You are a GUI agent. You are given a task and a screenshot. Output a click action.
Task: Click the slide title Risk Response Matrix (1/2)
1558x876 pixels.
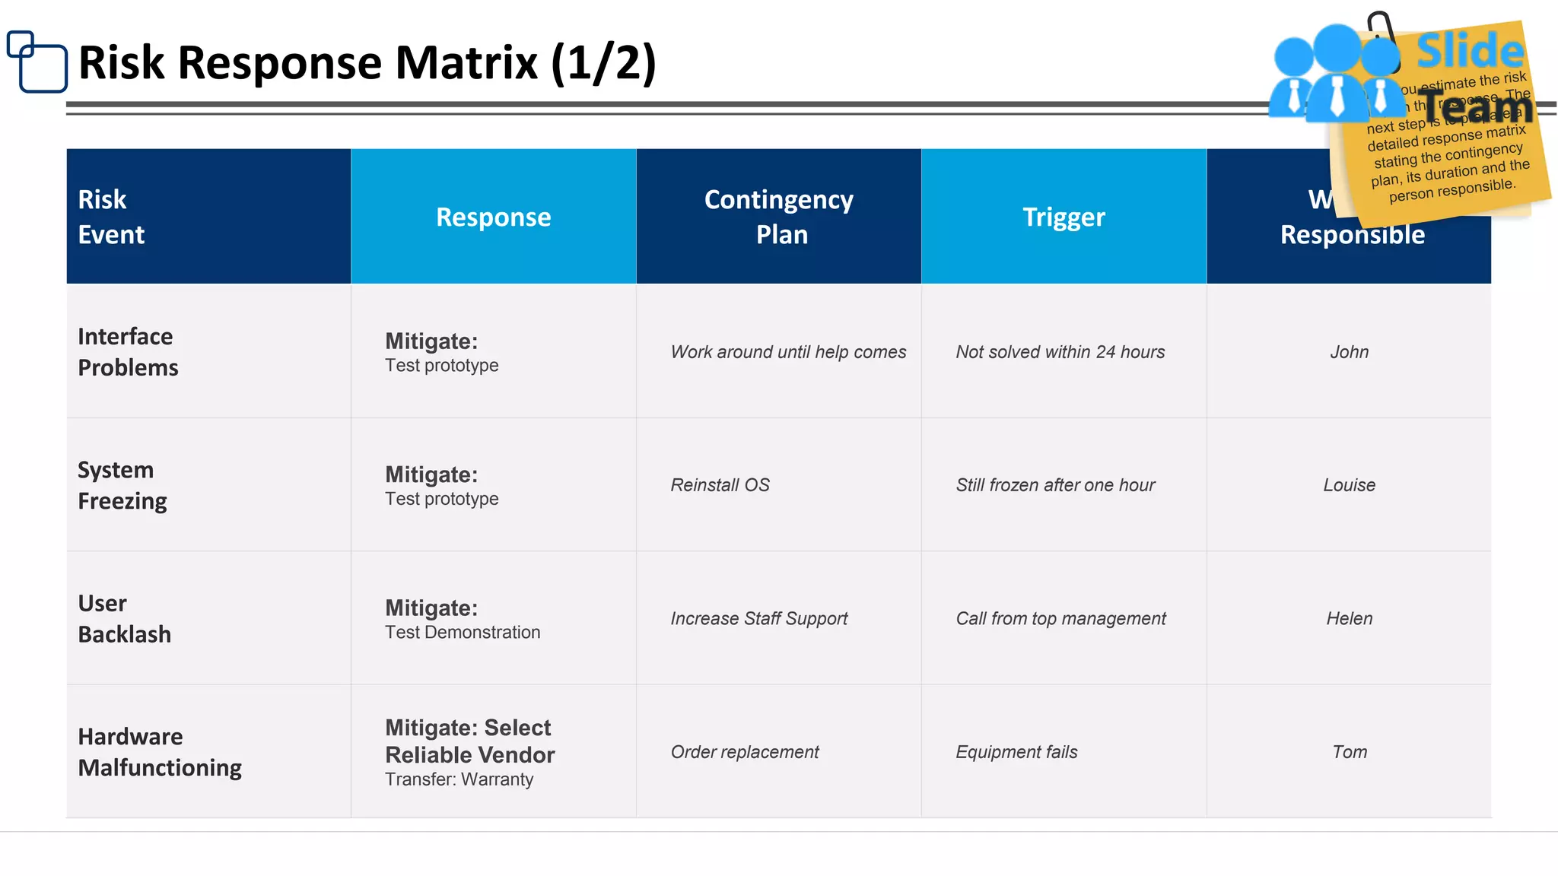coord(367,62)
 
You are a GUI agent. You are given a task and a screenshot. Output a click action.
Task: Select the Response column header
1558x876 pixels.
coord(493,217)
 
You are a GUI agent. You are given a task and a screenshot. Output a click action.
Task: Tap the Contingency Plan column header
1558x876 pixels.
coord(779,217)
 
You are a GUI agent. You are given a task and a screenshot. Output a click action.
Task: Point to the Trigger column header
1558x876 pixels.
coord(1064,217)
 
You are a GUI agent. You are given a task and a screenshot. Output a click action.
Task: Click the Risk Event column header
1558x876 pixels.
coord(111,217)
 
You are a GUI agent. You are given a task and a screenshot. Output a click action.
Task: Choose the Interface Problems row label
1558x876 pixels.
coord(128,352)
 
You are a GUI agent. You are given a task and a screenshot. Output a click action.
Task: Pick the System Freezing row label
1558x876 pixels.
coord(122,485)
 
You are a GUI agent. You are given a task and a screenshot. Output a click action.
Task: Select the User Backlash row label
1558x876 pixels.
coord(124,618)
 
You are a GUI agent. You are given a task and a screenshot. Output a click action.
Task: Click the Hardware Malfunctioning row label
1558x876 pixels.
coord(160,752)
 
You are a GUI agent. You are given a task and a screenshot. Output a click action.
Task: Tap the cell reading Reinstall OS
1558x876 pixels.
coord(720,485)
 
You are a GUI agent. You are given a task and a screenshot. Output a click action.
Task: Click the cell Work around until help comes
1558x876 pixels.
coord(788,352)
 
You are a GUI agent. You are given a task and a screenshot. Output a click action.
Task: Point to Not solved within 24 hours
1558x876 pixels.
coord(1060,352)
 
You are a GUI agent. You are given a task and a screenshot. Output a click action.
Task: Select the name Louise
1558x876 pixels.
coord(1349,485)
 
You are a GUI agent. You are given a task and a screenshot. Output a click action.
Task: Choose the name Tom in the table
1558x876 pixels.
coord(1349,752)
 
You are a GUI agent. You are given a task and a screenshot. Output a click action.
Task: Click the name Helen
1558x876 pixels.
coord(1349,619)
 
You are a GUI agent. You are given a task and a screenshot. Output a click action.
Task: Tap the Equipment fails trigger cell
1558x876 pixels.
coord(1016,752)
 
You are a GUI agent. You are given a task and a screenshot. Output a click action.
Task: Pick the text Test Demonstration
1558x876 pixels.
coord(463,633)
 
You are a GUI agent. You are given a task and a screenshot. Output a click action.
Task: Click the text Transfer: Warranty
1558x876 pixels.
coord(459,779)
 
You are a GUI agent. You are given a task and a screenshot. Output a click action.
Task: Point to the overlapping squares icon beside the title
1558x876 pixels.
coord(37,61)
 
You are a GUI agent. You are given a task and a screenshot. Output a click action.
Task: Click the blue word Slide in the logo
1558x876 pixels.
coord(1469,52)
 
